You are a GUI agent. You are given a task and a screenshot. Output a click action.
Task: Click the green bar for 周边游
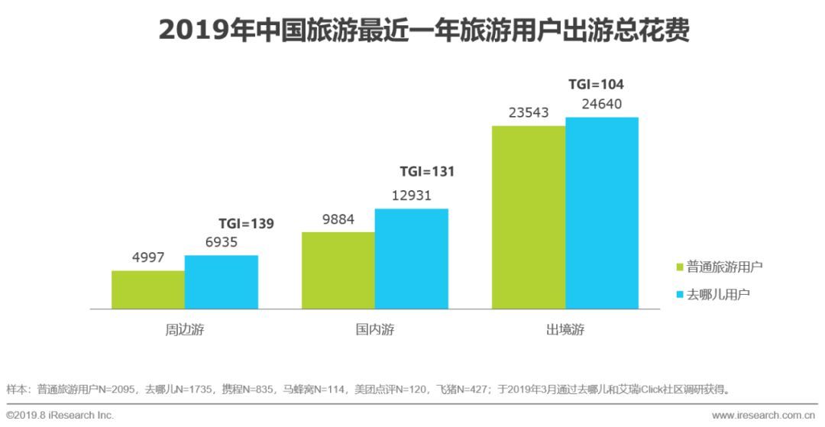[x=148, y=290]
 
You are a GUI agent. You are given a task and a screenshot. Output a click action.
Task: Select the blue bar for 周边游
[x=222, y=282]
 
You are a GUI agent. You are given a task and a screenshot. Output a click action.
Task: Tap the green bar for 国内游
[x=338, y=270]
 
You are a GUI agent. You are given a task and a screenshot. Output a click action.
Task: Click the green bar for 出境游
[x=529, y=218]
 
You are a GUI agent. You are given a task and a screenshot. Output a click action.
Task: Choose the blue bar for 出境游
[x=602, y=213]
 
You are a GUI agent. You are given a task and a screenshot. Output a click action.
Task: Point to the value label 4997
[x=148, y=257]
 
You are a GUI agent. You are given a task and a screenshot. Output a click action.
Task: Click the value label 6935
[x=222, y=242]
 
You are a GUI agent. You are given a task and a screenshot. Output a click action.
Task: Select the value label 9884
[x=338, y=219]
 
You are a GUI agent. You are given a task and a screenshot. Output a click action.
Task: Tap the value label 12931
[x=412, y=196]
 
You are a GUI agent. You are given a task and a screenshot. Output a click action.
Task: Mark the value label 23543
[x=529, y=113]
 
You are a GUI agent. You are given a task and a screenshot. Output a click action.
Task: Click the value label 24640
[x=602, y=105]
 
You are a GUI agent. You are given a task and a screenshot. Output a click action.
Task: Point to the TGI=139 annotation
[x=246, y=224]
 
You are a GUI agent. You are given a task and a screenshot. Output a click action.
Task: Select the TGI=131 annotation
[x=427, y=172]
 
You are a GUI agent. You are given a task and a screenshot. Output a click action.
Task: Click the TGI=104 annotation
[x=596, y=85]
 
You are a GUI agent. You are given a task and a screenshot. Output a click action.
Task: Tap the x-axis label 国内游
[x=375, y=331]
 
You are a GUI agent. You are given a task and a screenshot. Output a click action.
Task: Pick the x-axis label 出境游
[x=565, y=331]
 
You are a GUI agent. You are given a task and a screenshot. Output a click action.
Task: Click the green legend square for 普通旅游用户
[x=679, y=267]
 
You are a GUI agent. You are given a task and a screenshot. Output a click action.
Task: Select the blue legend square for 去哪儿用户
[x=679, y=294]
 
